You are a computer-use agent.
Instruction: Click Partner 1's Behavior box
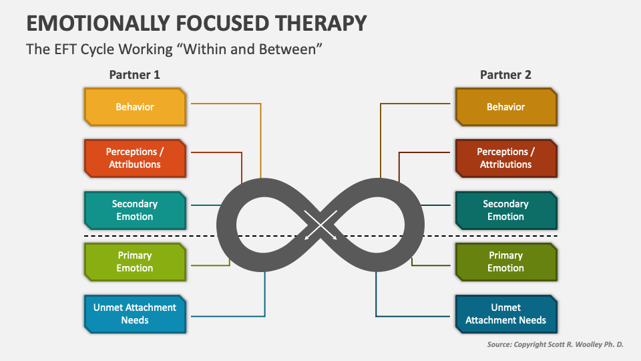coord(135,107)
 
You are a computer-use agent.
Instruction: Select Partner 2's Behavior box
coord(505,107)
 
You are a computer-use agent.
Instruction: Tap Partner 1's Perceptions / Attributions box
coord(135,158)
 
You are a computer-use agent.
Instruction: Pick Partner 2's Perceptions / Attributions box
coord(505,158)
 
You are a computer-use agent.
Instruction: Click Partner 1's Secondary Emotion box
coord(135,210)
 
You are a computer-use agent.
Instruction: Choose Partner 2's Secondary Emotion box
coord(505,210)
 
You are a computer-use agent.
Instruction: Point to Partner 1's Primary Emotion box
coord(135,261)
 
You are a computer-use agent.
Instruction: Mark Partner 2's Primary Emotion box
coord(505,261)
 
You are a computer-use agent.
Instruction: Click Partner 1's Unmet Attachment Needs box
coord(135,314)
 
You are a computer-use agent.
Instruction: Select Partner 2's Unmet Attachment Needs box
coord(505,314)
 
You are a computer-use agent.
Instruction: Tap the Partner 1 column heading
coord(135,75)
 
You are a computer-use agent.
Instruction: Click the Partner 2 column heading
coord(505,75)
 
